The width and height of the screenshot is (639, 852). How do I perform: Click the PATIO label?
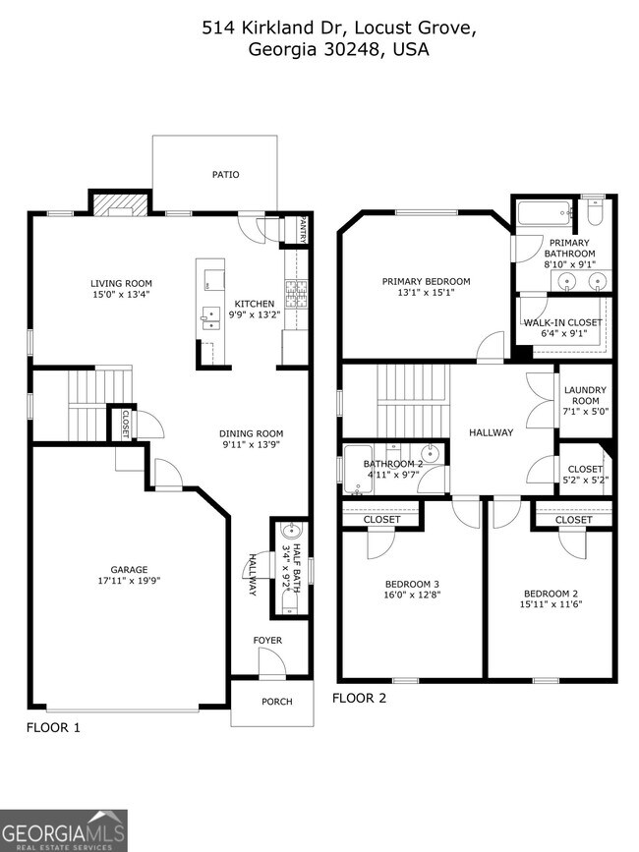226,175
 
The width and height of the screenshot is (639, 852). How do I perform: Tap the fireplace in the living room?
119,203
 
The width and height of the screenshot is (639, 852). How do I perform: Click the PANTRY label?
302,229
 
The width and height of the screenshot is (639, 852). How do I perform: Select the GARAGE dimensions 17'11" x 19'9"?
129,581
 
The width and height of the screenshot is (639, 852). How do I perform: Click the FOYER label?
267,641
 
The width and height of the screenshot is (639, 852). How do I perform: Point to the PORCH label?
276,702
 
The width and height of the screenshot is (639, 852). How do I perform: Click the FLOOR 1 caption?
52,728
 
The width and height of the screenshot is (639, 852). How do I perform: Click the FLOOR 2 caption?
359,699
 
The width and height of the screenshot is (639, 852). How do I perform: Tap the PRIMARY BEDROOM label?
426,282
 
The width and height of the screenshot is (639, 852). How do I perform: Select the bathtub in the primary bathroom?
544,211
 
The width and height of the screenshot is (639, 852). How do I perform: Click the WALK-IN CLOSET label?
563,322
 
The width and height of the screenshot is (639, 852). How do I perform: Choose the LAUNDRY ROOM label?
584,395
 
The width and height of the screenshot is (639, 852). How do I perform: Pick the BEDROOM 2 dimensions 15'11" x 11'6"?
550,605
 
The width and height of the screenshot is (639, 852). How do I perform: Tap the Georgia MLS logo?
64,830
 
